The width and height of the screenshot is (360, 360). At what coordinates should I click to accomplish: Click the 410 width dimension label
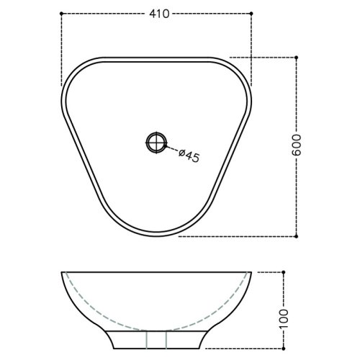pos(159,14)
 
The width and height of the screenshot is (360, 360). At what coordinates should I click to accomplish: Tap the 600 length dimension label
pos(296,145)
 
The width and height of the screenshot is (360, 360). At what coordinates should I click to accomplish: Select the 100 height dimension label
pos(284,320)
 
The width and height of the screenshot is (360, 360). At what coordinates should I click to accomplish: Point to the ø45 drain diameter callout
pos(189,156)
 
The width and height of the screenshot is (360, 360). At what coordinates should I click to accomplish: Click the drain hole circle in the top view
pos(156,143)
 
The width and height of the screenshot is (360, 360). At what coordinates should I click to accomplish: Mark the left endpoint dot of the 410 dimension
pos(61,14)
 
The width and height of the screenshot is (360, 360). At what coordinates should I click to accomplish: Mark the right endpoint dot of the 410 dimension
pos(251,14)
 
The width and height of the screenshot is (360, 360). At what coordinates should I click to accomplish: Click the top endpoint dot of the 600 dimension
pos(296,58)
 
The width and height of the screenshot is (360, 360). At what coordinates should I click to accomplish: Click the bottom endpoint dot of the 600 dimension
pos(296,236)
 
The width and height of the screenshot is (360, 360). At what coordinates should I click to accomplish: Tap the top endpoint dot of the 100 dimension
pos(284,272)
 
